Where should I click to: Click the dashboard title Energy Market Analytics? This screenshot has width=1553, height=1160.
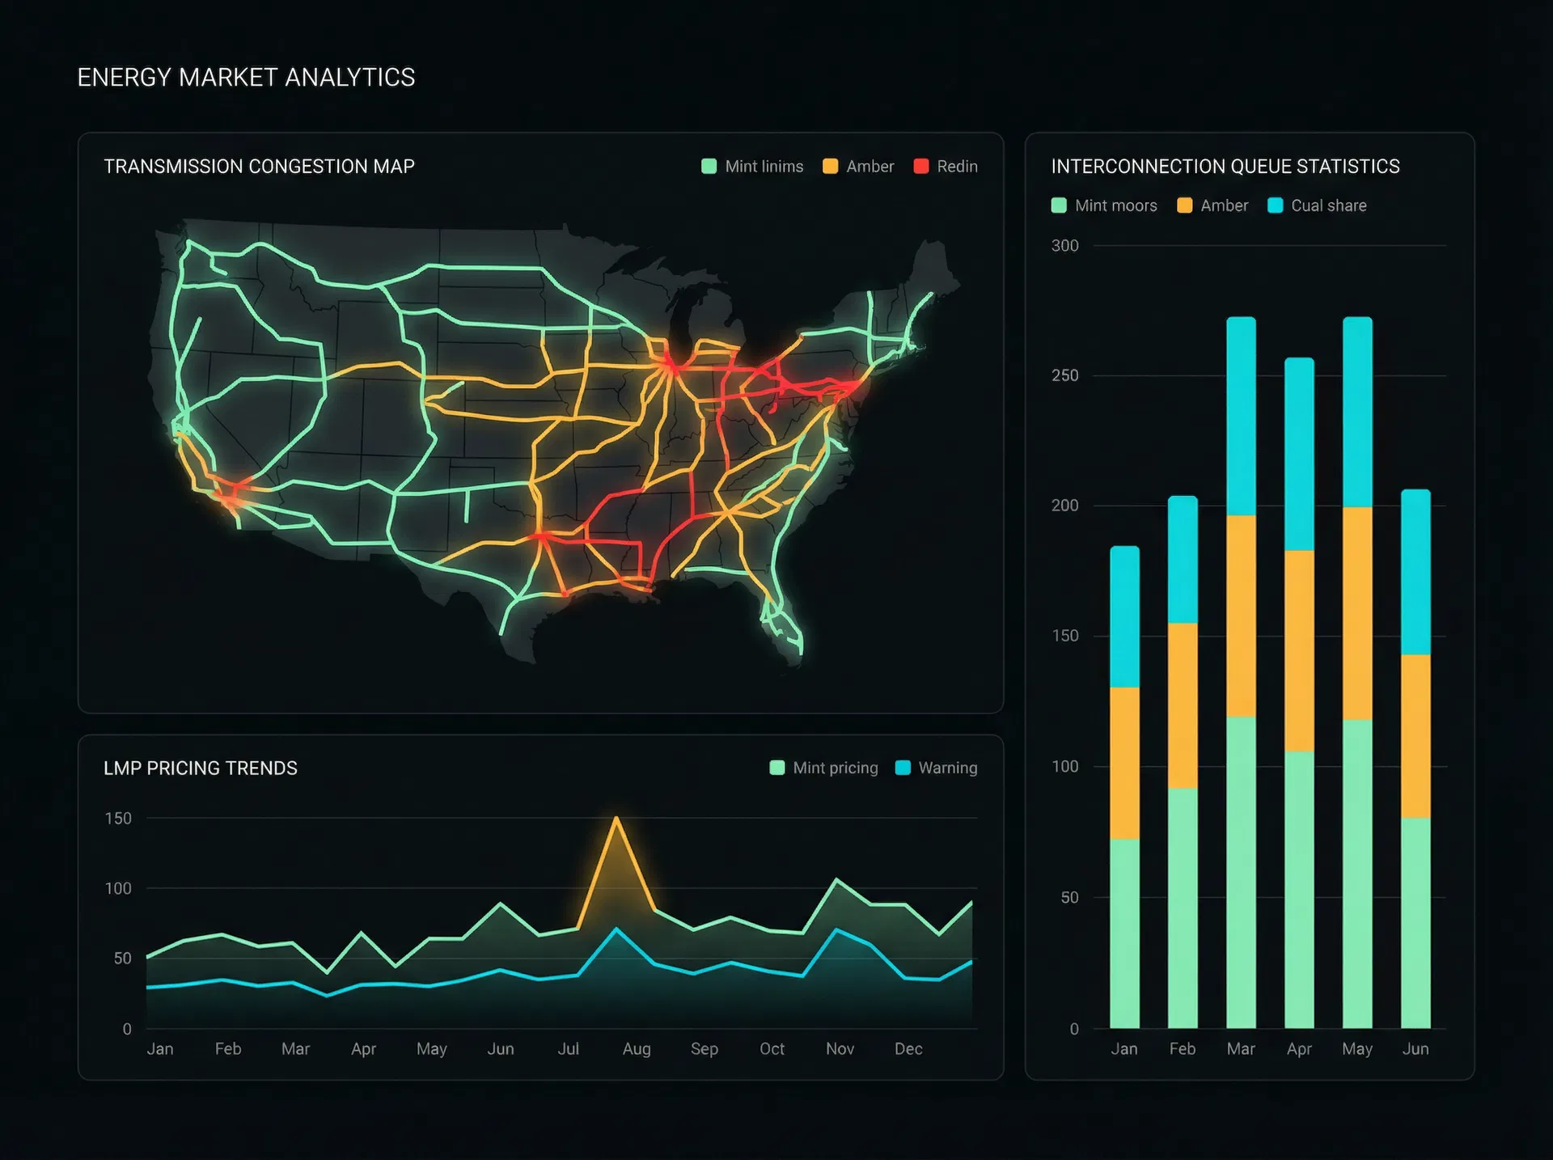click(x=246, y=78)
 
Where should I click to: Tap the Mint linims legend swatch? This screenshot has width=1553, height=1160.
click(x=709, y=167)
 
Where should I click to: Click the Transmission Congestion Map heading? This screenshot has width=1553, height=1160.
click(x=259, y=167)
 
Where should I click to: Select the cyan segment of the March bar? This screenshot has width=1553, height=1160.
click(x=1241, y=417)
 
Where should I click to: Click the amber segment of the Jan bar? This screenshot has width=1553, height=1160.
click(x=1124, y=763)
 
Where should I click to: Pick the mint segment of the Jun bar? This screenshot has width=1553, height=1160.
click(x=1415, y=922)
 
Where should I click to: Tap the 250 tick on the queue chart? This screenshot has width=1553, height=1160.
click(x=1064, y=375)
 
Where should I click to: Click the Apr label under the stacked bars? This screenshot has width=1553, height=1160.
click(x=1299, y=1049)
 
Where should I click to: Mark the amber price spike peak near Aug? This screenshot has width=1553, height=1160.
click(x=616, y=819)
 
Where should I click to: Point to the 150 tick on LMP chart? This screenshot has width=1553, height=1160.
click(x=118, y=819)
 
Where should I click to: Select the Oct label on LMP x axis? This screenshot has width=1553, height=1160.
click(x=772, y=1049)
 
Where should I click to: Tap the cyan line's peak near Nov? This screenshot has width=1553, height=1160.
click(x=837, y=930)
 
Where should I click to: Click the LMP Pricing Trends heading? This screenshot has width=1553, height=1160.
click(x=201, y=768)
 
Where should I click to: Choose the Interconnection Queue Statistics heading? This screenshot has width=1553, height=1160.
click(x=1225, y=167)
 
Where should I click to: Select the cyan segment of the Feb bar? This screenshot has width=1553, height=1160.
click(x=1183, y=560)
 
